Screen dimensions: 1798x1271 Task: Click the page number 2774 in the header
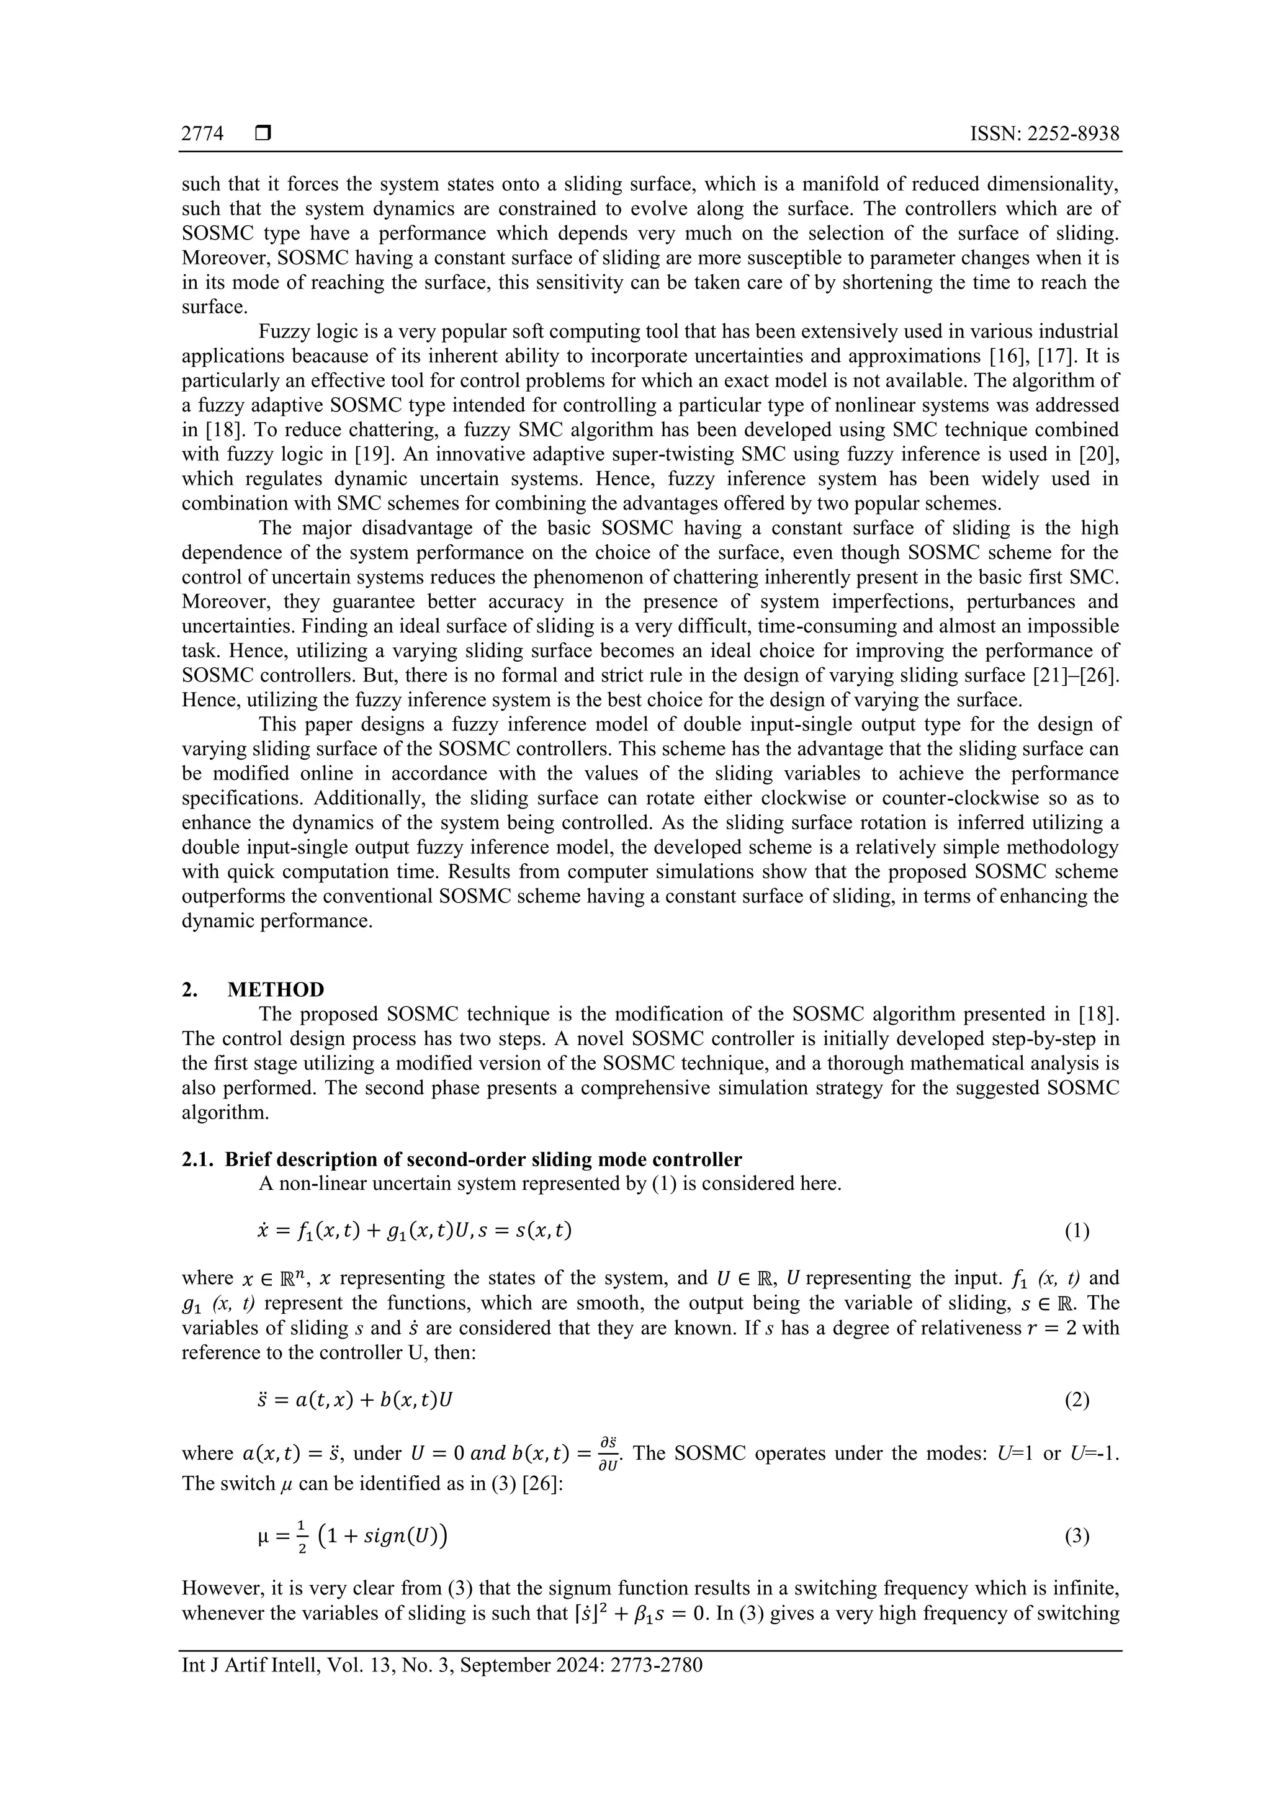click(202, 134)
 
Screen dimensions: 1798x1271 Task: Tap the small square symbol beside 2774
click(263, 134)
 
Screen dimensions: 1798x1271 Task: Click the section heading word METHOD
click(276, 990)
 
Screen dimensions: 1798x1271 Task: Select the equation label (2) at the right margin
click(1077, 1400)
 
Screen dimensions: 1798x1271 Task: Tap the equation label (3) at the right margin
click(1077, 1537)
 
